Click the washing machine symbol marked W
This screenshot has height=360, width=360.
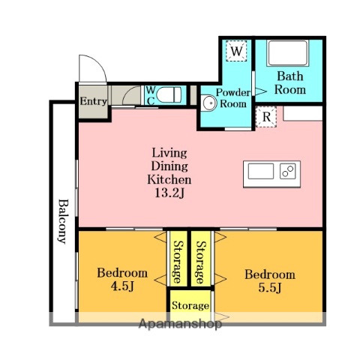click(236, 51)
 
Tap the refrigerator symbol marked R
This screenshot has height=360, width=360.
click(266, 117)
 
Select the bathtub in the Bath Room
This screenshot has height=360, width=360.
click(287, 53)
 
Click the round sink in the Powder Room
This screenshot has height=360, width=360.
click(209, 103)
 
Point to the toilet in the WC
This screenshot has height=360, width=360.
click(169, 94)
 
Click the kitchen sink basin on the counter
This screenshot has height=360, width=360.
click(261, 171)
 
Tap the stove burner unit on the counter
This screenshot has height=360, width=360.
click(288, 171)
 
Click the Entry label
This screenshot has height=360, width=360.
click(94, 101)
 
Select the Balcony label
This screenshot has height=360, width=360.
click(63, 221)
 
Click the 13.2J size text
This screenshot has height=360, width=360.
click(169, 193)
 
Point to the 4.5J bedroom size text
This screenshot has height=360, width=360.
click(122, 286)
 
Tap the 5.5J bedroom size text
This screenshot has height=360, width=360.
click(270, 287)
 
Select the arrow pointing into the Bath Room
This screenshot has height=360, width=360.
click(261, 91)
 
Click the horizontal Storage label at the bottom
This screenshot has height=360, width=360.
click(190, 305)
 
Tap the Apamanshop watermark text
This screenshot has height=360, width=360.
click(180, 324)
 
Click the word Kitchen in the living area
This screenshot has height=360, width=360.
click(169, 179)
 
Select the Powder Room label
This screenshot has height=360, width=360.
click(233, 98)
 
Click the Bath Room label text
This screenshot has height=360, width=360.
click(290, 82)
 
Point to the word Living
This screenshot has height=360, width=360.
click(169, 153)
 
